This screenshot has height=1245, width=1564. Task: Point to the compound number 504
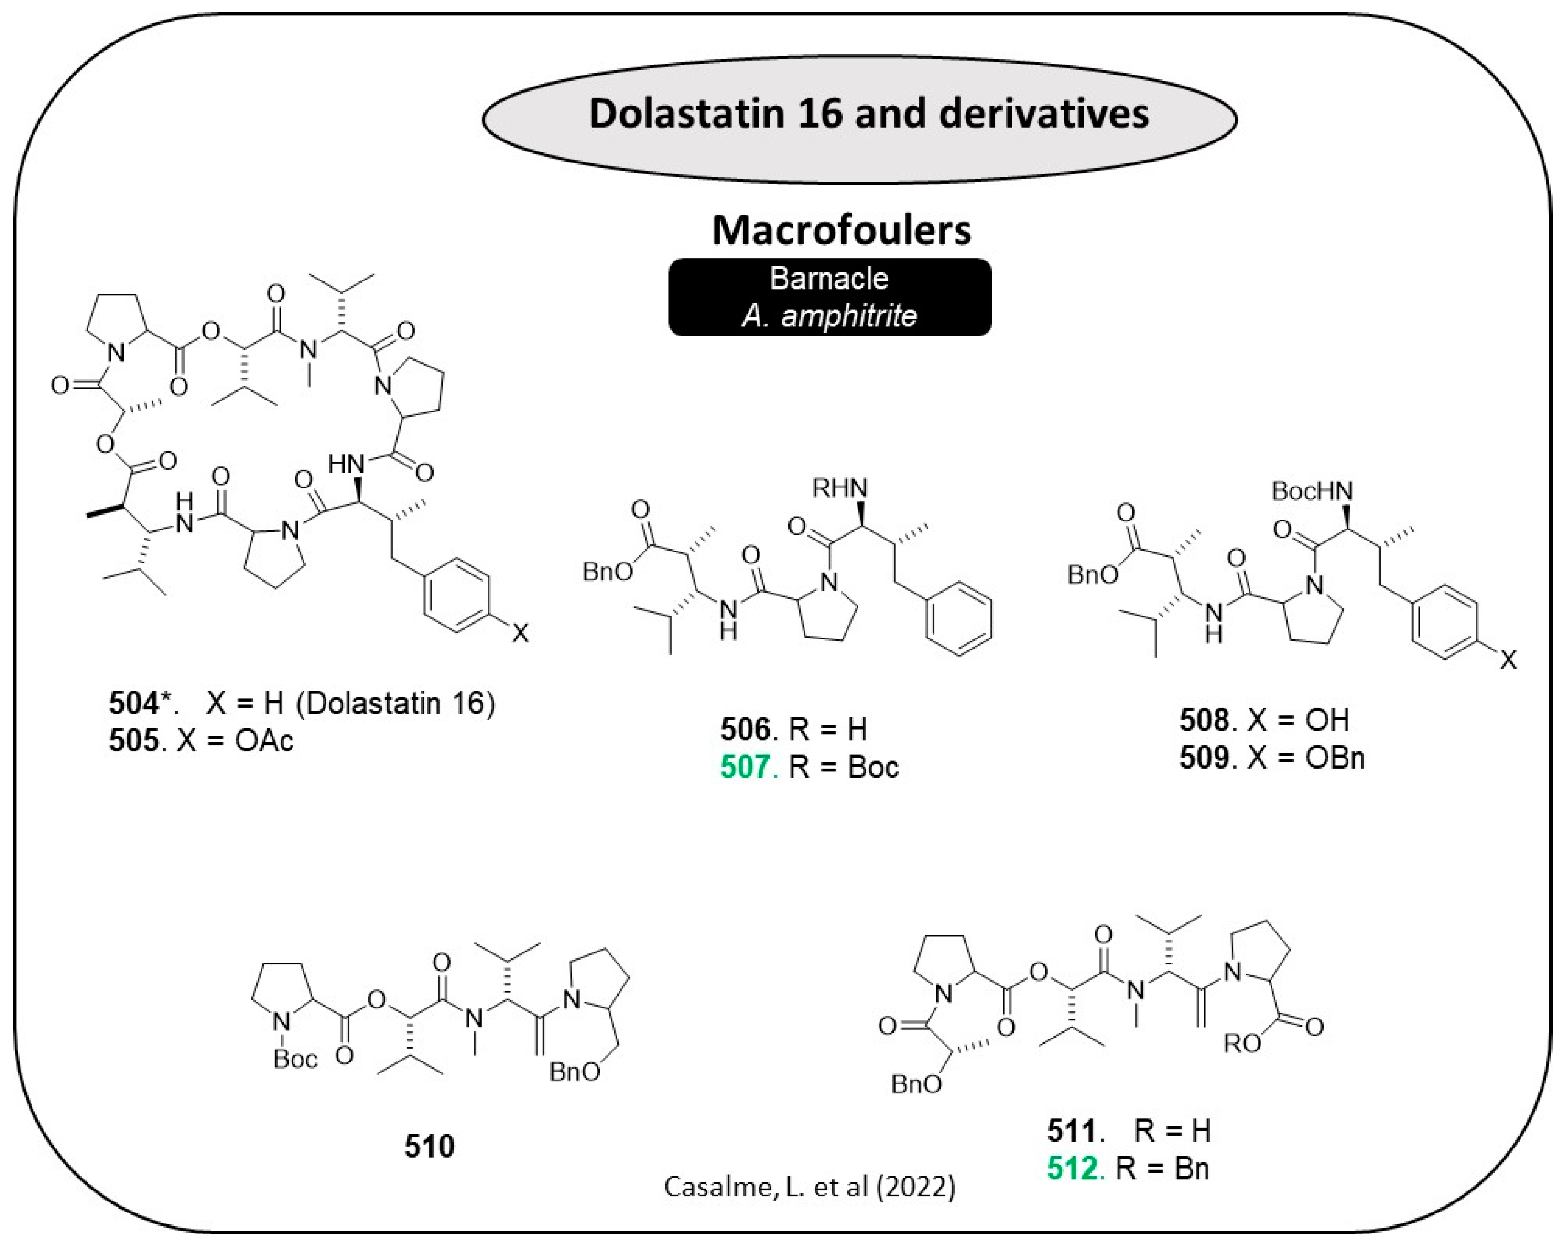[133, 703]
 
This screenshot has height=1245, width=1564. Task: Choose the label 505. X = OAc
[201, 741]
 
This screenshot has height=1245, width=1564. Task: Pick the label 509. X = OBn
[1271, 758]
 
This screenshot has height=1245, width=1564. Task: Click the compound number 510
[429, 1147]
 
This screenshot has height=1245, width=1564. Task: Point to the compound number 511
[1071, 1130]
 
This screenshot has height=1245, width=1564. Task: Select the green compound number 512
[1071, 1169]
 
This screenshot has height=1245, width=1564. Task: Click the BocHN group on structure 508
[1312, 492]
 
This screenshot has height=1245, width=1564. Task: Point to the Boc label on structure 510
[295, 1060]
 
